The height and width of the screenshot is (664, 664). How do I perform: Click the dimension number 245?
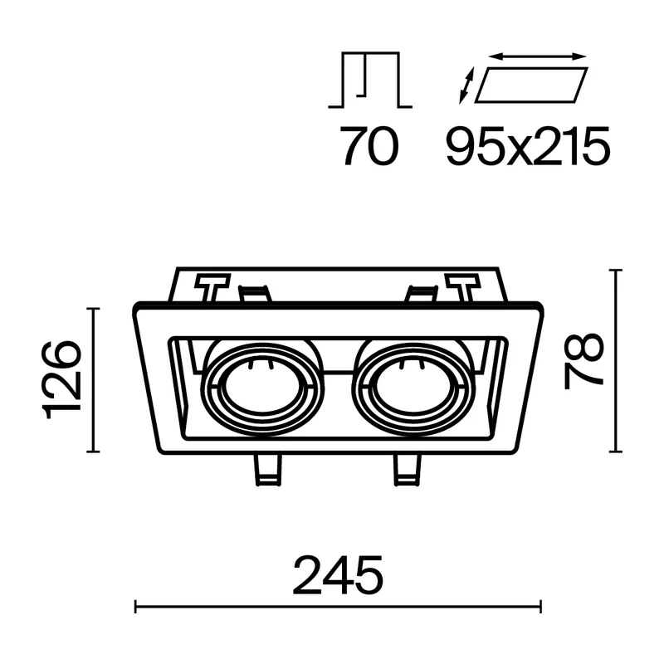point(338,575)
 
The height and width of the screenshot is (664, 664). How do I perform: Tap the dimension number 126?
point(61,379)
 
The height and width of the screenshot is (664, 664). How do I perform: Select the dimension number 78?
point(583,361)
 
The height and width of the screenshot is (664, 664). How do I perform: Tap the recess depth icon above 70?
point(370,80)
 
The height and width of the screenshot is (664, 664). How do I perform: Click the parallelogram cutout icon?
point(531,85)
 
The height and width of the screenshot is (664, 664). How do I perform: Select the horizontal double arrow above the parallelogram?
point(537,56)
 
